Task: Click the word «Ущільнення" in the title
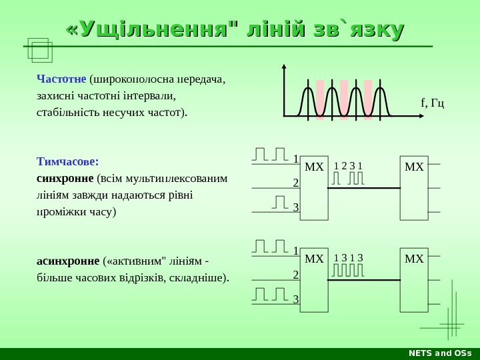(x=152, y=29)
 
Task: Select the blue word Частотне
(x=61, y=79)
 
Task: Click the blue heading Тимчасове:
(x=67, y=161)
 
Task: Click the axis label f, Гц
(x=433, y=103)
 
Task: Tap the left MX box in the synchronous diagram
(x=314, y=189)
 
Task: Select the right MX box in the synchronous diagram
(x=414, y=189)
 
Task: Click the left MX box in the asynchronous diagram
(x=314, y=280)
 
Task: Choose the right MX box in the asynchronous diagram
(x=414, y=280)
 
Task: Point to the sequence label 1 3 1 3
(x=348, y=258)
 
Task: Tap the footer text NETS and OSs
(x=439, y=353)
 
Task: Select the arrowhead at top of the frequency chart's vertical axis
(x=284, y=67)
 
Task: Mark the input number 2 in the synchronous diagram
(x=295, y=183)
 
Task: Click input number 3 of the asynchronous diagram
(x=295, y=299)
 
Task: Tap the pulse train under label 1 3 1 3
(x=348, y=271)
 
